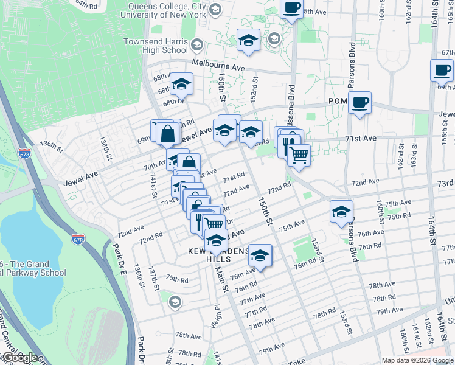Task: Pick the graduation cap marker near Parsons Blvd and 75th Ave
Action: point(342,212)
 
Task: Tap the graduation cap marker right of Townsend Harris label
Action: point(248,40)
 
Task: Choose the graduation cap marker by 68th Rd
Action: point(181,84)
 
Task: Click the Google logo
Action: point(19,358)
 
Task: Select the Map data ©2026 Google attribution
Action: point(418,360)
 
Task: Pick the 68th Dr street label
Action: point(172,102)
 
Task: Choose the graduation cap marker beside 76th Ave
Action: point(260,255)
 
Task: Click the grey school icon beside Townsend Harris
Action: point(196,45)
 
